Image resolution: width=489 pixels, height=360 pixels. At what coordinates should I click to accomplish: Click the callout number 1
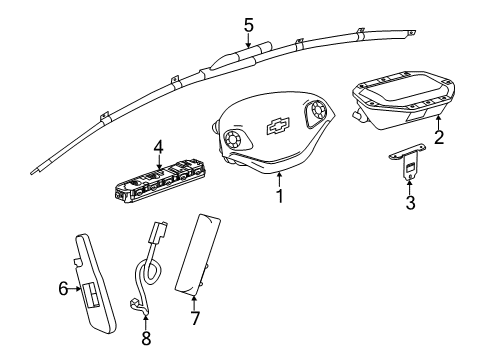(x=280, y=197)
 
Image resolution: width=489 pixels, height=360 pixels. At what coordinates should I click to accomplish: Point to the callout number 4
(x=157, y=149)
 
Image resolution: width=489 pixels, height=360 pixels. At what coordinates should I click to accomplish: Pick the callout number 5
(x=249, y=24)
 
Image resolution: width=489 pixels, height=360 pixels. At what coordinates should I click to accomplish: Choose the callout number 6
(x=63, y=290)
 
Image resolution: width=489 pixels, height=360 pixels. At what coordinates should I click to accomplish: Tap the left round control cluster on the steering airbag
(x=238, y=138)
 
